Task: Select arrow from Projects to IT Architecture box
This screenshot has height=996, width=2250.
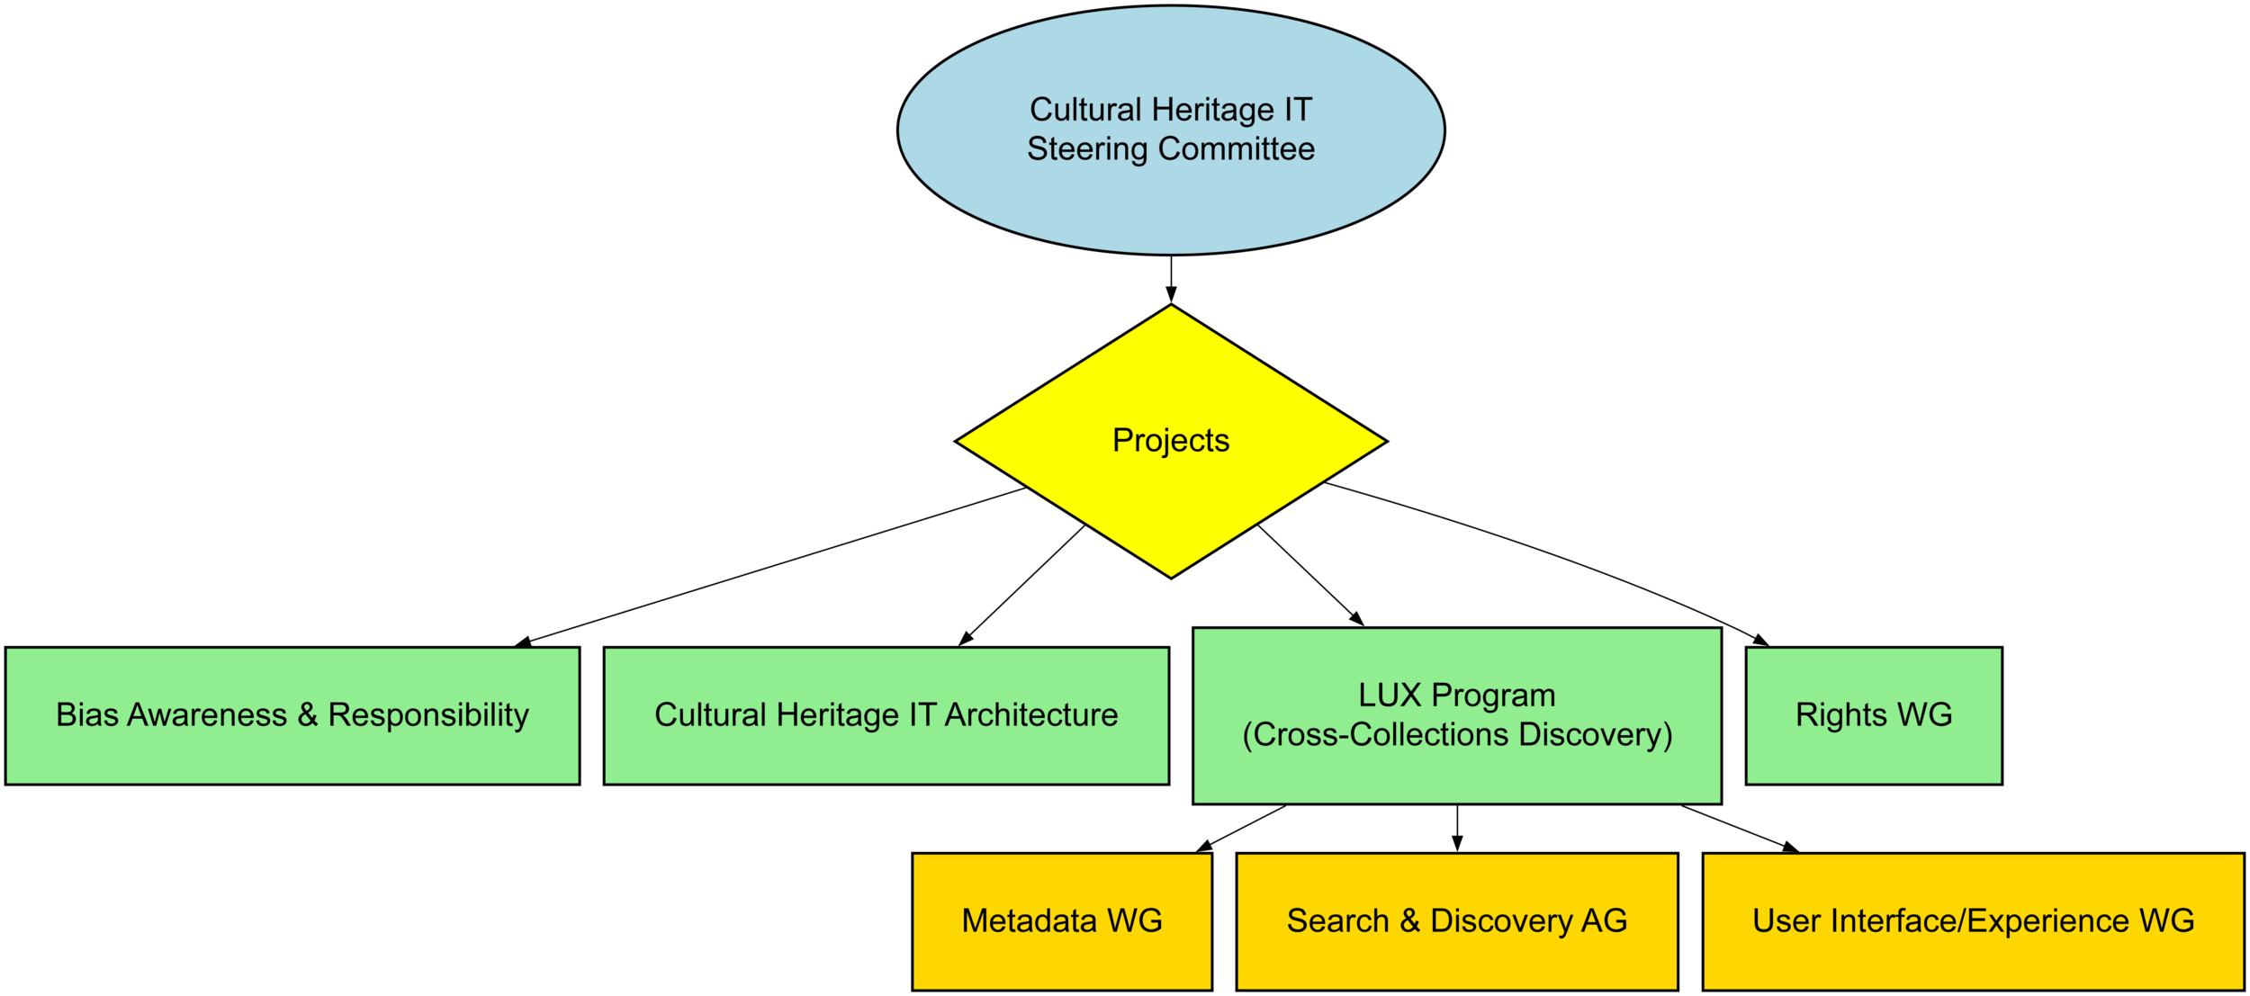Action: click(1023, 585)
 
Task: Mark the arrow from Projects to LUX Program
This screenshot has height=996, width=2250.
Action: click(1310, 575)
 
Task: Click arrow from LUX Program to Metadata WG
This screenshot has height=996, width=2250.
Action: click(1242, 828)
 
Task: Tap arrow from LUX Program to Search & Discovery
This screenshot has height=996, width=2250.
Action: click(1456, 828)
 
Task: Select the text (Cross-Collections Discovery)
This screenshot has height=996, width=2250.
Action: click(1456, 735)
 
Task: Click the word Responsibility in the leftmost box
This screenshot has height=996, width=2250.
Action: click(428, 715)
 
